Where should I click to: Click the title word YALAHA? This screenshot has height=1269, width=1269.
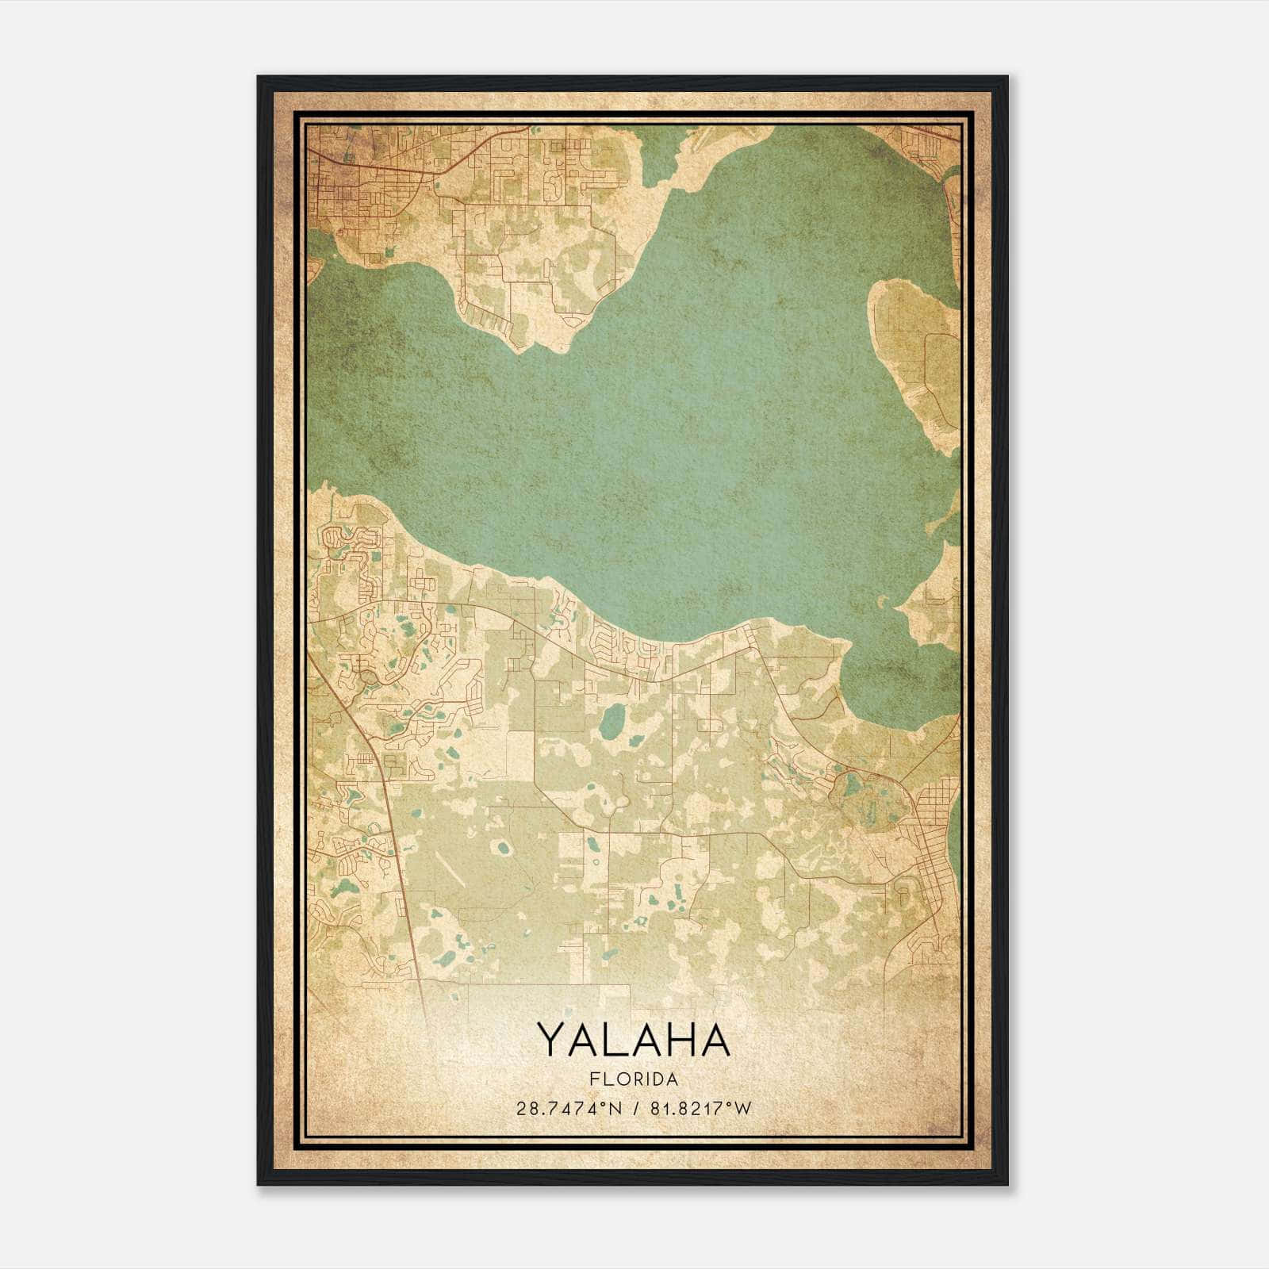(634, 1040)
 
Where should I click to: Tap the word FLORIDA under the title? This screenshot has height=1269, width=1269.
(634, 1079)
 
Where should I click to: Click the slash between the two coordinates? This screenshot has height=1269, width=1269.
(634, 1108)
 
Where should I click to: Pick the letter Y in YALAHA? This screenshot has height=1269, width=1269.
(552, 1040)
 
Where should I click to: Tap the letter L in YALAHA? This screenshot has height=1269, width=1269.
(616, 1040)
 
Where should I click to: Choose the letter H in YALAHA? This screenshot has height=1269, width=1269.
(678, 1040)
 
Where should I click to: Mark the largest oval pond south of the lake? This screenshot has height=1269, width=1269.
(611, 721)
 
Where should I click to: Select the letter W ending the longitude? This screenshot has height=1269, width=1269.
(744, 1108)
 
